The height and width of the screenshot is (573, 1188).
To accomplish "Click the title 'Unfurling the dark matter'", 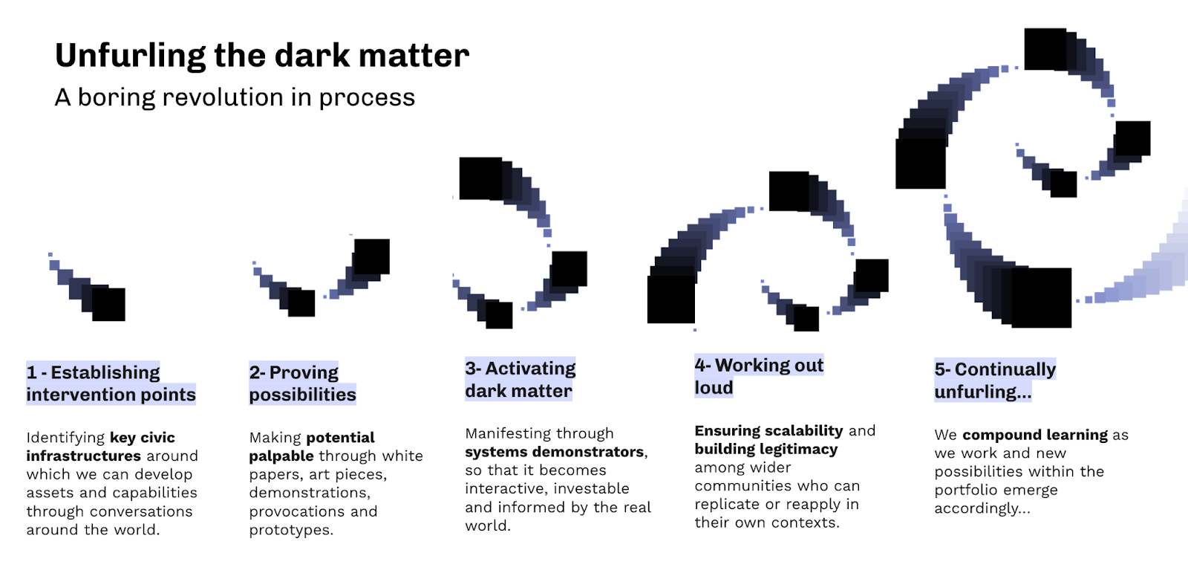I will (261, 56).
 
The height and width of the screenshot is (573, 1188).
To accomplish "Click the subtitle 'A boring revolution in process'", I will (235, 97).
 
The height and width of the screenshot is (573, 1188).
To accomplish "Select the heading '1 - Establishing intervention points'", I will (111, 383).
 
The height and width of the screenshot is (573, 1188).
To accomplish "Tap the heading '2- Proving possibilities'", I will (302, 383).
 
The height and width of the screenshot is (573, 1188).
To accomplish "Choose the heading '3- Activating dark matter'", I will (520, 380).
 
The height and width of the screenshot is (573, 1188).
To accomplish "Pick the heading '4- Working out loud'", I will (758, 376).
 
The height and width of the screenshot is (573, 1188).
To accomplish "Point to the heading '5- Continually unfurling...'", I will (994, 381).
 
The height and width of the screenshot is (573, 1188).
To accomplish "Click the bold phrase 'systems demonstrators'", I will (554, 452).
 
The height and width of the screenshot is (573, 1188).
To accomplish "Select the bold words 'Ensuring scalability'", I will (768, 431).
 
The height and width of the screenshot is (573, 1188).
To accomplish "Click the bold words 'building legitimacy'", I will (766, 449).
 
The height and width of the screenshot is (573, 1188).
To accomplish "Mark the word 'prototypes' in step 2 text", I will (289, 530).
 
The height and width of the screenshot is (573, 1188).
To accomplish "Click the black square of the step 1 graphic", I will (108, 304).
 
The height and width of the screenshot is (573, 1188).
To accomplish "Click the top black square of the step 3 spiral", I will (480, 178).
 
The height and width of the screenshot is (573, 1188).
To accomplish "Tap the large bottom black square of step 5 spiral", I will (1041, 297).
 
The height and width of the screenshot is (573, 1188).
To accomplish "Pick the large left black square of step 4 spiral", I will (670, 299).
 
